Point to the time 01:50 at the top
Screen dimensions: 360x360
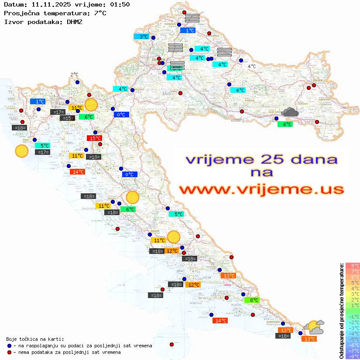point(120,4)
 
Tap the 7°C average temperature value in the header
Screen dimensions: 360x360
point(99,13)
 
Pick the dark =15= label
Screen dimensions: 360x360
point(67,118)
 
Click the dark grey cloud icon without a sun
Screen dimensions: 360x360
point(290,113)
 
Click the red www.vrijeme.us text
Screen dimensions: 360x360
point(261,189)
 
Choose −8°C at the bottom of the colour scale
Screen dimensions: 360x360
point(352,356)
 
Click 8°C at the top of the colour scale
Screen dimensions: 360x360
point(352,265)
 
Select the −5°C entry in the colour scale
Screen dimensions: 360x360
point(352,339)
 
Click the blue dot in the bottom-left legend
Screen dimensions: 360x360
point(10,346)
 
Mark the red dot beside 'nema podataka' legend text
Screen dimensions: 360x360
point(10,352)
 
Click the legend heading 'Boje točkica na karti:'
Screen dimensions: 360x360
point(35,339)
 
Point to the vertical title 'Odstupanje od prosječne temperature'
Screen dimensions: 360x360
point(341,311)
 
